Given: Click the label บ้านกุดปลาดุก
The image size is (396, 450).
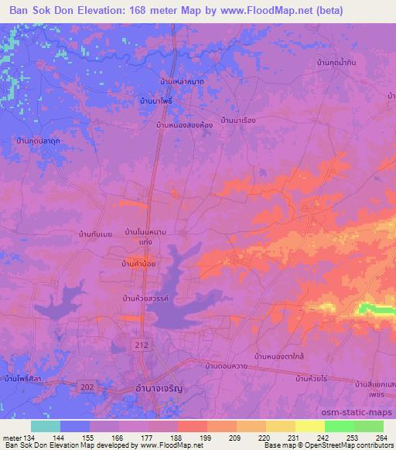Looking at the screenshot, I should (39, 141).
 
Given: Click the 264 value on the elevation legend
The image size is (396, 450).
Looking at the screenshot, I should (377, 437).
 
